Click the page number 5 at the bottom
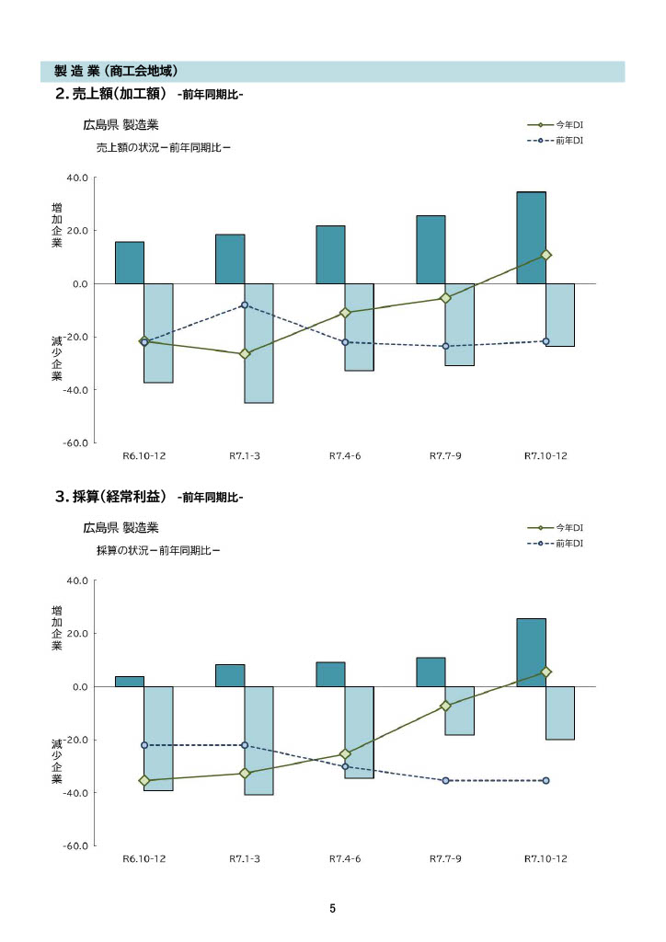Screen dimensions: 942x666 click(332, 909)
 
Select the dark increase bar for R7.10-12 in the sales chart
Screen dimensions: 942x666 click(531, 237)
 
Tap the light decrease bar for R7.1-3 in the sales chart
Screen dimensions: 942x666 click(258, 343)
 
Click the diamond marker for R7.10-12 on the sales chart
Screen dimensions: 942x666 click(545, 255)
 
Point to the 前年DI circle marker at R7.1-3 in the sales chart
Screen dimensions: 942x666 click(244, 304)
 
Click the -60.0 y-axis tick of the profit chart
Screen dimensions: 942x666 click(75, 845)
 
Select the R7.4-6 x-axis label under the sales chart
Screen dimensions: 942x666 click(345, 455)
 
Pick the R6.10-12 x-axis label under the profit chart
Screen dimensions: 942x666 click(144, 858)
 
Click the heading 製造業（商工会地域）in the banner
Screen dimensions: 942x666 click(116, 71)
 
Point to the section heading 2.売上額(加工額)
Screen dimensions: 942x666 click(110, 93)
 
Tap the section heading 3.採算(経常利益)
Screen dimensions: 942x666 click(111, 497)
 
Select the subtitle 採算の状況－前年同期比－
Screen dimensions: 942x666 click(158, 550)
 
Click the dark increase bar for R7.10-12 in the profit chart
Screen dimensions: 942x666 click(531, 652)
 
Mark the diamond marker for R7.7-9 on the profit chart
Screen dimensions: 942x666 click(445, 706)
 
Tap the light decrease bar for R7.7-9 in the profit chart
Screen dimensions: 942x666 click(460, 710)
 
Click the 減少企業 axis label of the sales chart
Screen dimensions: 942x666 click(57, 359)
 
